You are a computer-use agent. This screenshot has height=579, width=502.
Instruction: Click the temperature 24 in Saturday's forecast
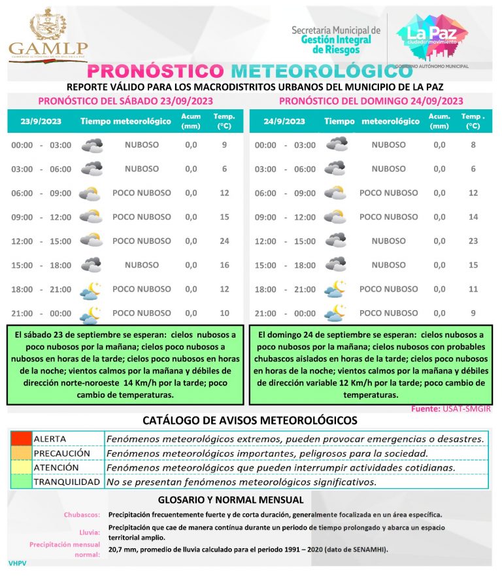224,241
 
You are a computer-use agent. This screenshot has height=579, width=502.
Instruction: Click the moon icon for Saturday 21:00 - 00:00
90,314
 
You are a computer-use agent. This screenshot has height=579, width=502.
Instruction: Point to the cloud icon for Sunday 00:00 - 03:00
337,145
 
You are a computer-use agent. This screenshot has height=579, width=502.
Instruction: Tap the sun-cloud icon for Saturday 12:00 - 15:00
90,241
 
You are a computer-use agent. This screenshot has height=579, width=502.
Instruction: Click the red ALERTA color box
20,438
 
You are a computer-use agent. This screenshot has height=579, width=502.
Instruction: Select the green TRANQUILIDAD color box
20,482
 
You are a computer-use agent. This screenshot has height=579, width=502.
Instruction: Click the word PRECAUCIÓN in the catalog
62,453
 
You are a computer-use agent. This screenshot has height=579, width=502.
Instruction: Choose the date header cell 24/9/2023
284,121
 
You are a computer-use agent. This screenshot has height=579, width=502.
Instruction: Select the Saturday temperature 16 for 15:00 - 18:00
224,265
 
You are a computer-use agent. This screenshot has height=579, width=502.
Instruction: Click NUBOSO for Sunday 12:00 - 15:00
388,241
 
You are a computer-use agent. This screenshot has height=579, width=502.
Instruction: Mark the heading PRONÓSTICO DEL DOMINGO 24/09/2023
371,101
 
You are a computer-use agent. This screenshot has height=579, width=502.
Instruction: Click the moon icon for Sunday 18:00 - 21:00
335,289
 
